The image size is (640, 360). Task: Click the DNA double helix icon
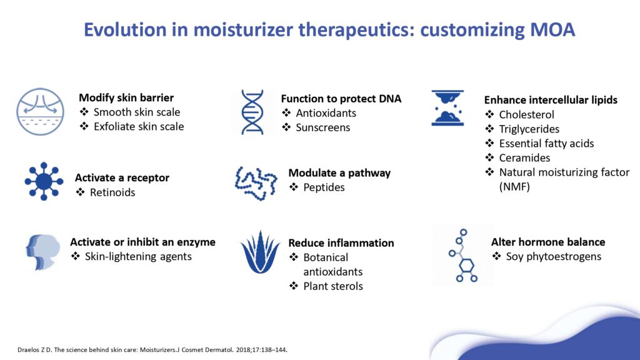pyautogui.click(x=252, y=112)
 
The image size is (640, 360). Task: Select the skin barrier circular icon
pyautogui.click(x=40, y=111)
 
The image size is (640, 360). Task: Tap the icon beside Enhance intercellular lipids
pyautogui.click(x=447, y=107)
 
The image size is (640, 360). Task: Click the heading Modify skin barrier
pyautogui.click(x=126, y=97)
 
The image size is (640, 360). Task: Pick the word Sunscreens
pyautogui.click(x=323, y=127)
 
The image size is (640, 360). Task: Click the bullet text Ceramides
pyautogui.click(x=524, y=157)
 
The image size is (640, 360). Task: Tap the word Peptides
pyautogui.click(x=324, y=187)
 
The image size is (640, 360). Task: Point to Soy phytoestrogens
pyautogui.click(x=553, y=257)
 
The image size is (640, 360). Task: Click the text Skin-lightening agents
pyautogui.click(x=138, y=257)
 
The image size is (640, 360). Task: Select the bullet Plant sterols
pyautogui.click(x=332, y=286)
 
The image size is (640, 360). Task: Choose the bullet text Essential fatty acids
pyautogui.click(x=546, y=143)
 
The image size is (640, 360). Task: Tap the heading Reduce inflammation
pyautogui.click(x=341, y=242)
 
